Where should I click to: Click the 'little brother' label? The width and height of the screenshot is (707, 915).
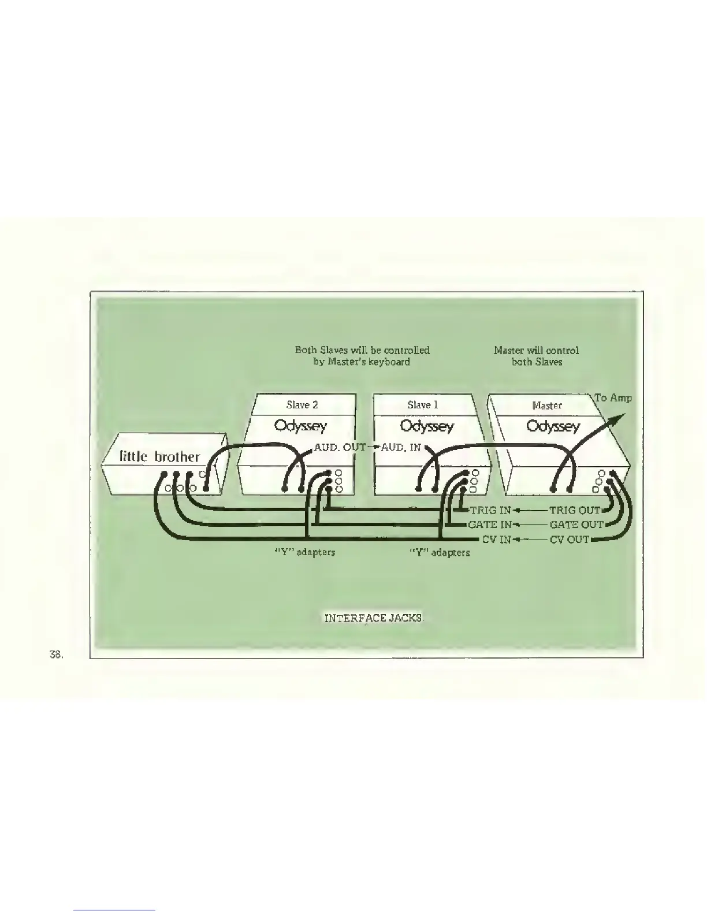[159, 456]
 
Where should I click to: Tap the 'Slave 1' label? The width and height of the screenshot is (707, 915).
[422, 405]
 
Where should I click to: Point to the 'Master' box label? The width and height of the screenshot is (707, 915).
[546, 406]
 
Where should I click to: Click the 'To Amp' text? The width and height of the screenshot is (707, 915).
[613, 398]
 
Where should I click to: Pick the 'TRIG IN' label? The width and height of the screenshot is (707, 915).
[490, 511]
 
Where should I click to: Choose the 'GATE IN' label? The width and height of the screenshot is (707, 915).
[489, 525]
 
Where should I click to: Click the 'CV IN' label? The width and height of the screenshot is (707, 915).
[496, 540]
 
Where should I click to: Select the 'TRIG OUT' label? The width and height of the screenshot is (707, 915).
[575, 511]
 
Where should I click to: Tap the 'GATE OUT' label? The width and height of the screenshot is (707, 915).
[576, 525]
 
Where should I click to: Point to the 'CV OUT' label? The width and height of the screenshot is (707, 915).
[570, 540]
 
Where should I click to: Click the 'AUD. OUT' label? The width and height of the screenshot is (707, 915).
[340, 447]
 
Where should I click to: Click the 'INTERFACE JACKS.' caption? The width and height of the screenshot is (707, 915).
[374, 618]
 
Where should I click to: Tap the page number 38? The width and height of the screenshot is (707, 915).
[56, 654]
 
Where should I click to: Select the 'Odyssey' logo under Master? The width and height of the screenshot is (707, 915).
[553, 427]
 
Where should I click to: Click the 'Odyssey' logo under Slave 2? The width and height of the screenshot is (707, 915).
[300, 426]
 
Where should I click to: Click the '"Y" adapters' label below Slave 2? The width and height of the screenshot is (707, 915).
[304, 552]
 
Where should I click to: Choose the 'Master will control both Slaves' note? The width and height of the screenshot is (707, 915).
[536, 356]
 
